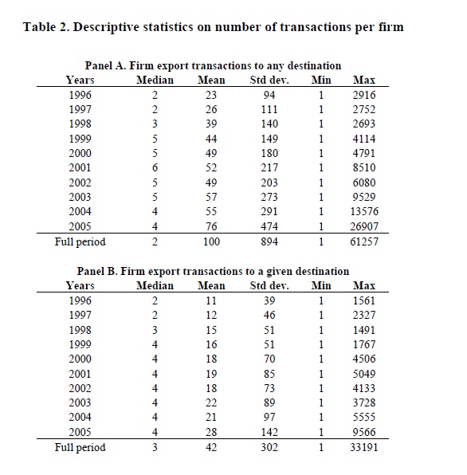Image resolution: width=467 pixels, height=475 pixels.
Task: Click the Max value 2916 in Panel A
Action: point(364,95)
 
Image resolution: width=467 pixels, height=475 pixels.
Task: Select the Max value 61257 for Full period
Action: point(364,241)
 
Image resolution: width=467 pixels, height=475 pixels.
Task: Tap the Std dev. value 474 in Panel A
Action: point(269,226)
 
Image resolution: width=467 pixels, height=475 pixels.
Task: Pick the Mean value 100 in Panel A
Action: point(211,241)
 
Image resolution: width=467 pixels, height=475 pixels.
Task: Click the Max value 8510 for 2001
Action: point(364,167)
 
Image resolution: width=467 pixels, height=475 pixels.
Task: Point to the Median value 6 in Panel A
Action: point(155,167)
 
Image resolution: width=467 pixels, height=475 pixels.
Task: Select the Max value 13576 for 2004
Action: point(364,211)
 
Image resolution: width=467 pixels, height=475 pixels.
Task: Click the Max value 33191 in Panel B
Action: point(364,447)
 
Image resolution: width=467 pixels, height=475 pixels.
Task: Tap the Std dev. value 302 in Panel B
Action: point(269,447)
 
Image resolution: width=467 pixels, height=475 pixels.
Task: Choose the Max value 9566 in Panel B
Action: point(364,432)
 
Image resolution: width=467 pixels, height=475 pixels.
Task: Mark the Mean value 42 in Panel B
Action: point(211,447)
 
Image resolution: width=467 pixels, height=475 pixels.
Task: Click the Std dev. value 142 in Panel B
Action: point(269,432)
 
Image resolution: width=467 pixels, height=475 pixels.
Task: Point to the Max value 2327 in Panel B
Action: point(364,315)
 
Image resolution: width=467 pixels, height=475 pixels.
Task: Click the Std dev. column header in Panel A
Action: point(269,80)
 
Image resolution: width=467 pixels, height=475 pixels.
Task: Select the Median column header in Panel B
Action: point(155,285)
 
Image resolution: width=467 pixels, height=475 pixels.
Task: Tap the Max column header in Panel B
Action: point(364,285)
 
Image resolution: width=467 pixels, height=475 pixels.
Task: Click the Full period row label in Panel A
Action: point(80,242)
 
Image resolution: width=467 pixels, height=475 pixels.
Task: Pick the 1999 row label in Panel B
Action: point(80,344)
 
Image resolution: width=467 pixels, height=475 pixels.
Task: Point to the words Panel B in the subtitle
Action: point(97,271)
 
